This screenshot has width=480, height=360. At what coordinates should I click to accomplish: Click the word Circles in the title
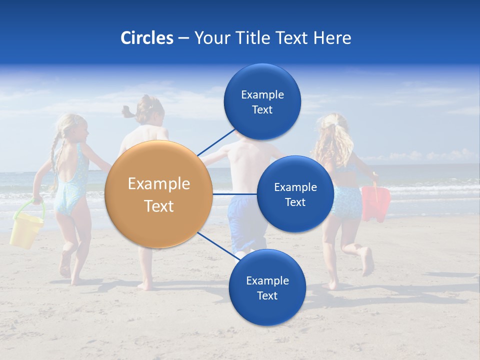[146, 38]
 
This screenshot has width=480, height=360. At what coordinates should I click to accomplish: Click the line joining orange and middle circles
[235, 193]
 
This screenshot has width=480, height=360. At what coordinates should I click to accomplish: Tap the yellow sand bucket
[26, 231]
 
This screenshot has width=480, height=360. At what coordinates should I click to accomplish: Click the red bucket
[376, 202]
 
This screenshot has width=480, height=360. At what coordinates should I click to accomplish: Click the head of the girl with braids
[74, 129]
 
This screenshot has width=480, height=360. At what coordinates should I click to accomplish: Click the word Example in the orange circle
[159, 184]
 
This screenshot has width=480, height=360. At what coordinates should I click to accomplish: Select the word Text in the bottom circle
[267, 295]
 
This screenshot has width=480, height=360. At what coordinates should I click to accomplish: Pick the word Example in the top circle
[262, 95]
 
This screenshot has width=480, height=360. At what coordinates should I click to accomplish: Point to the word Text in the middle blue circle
[295, 202]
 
